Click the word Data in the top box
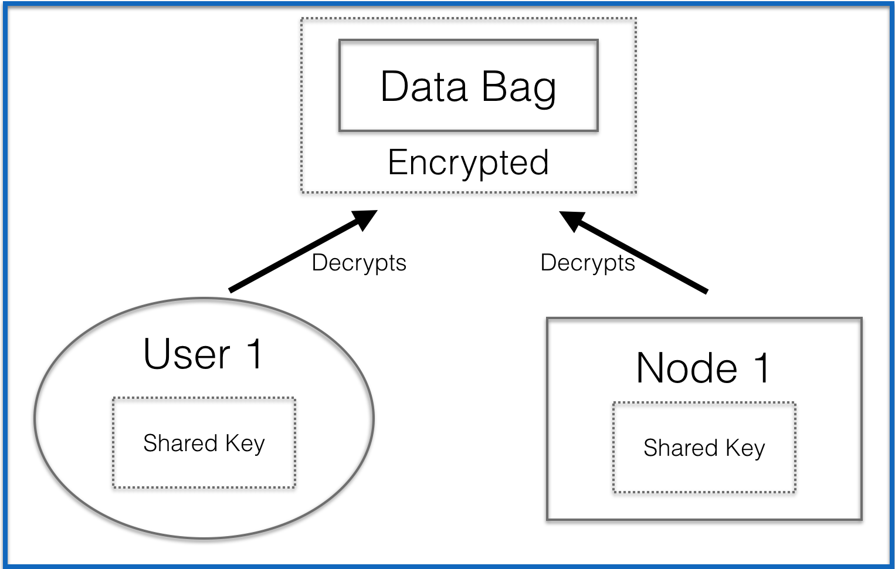pyautogui.click(x=423, y=87)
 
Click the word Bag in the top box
pyautogui.click(x=518, y=88)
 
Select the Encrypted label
pyautogui.click(x=468, y=162)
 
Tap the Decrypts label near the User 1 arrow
pyautogui.click(x=359, y=263)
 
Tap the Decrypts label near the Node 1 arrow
pyautogui.click(x=588, y=263)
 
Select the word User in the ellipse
pyautogui.click(x=187, y=354)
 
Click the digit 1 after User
pyautogui.click(x=255, y=354)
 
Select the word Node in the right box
pyautogui.click(x=687, y=368)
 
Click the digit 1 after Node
pyautogui.click(x=761, y=368)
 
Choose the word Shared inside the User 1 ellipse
pyautogui.click(x=180, y=443)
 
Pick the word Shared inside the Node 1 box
pyautogui.click(x=680, y=448)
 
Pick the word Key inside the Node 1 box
pyautogui.click(x=745, y=449)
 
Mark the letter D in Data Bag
pyautogui.click(x=395, y=87)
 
